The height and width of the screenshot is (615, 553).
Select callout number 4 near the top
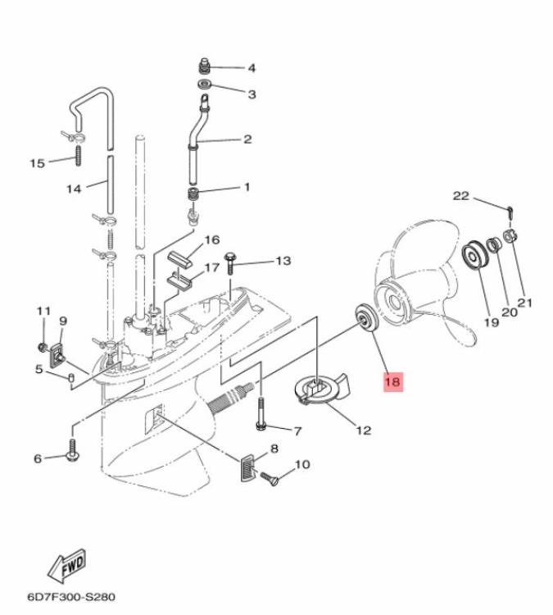[x=252, y=68]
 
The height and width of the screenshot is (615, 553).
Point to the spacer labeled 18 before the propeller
[x=361, y=317]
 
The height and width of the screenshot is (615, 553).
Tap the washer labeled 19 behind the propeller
[x=473, y=255]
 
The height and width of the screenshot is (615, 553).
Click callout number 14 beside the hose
[x=75, y=189]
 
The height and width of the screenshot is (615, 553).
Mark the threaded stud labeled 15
[x=79, y=155]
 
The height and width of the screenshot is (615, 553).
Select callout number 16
[x=211, y=240]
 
